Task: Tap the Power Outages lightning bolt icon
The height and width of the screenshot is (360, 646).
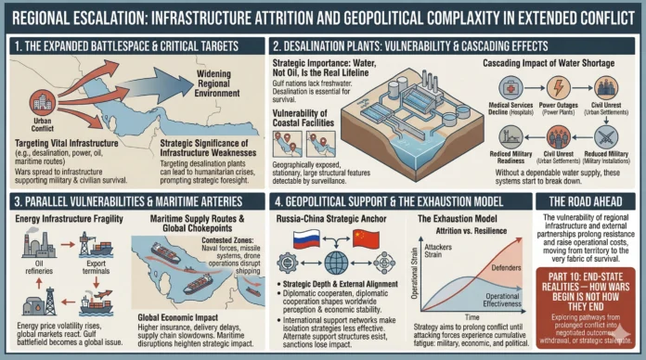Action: pyautogui.click(x=560, y=88)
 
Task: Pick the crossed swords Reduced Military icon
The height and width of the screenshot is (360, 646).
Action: pyautogui.click(x=609, y=88)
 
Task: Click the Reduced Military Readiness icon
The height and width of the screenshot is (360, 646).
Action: pyautogui.click(x=509, y=132)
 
